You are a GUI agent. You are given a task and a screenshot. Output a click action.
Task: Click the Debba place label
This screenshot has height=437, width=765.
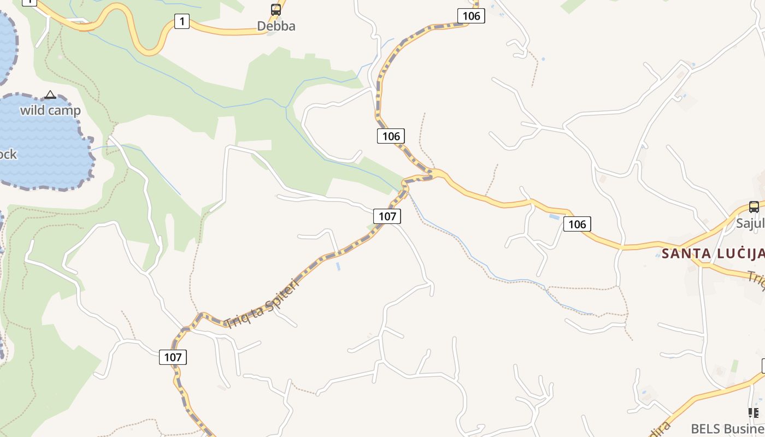pyautogui.click(x=276, y=26)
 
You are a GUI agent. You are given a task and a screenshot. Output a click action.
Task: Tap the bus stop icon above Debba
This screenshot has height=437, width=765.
pyautogui.click(x=276, y=9)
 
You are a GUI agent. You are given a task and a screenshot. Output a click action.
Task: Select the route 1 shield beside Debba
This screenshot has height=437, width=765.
pyautogui.click(x=182, y=22)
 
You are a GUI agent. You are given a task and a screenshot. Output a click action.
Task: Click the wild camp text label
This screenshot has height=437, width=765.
pyautogui.click(x=50, y=110)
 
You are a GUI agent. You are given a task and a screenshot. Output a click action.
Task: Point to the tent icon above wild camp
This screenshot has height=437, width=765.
pyautogui.click(x=50, y=95)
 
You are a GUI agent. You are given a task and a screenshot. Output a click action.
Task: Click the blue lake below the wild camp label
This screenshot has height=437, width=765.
pyautogui.click(x=44, y=147)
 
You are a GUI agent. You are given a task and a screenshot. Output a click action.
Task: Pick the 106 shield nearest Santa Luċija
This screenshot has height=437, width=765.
pyautogui.click(x=577, y=224)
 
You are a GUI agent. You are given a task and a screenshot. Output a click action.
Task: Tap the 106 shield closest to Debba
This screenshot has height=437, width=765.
pyautogui.click(x=471, y=16)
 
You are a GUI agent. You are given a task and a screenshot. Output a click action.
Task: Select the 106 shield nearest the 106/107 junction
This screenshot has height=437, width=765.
pyautogui.click(x=391, y=136)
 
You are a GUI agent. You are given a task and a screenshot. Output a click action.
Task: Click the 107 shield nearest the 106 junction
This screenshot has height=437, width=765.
pyautogui.click(x=387, y=216)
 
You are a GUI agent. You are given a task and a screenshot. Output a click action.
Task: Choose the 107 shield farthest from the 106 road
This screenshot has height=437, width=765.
pyautogui.click(x=173, y=357)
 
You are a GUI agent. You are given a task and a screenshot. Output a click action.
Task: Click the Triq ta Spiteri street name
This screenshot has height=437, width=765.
pyautogui.click(x=263, y=304)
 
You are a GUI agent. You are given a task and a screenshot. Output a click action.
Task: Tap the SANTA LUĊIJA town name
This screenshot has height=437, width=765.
pyautogui.click(x=713, y=253)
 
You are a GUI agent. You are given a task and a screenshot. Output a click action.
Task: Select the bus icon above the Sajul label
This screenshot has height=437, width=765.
pyautogui.click(x=754, y=207)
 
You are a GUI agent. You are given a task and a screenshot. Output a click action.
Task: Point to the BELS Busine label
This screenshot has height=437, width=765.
pyautogui.click(x=727, y=428)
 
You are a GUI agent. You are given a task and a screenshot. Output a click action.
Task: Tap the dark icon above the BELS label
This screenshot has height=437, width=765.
pyautogui.click(x=754, y=412)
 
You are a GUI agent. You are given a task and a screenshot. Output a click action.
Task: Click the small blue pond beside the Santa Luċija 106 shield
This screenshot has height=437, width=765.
pyautogui.click(x=554, y=217)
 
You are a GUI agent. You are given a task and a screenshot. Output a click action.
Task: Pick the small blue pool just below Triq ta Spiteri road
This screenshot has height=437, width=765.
pyautogui.click(x=338, y=267)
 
